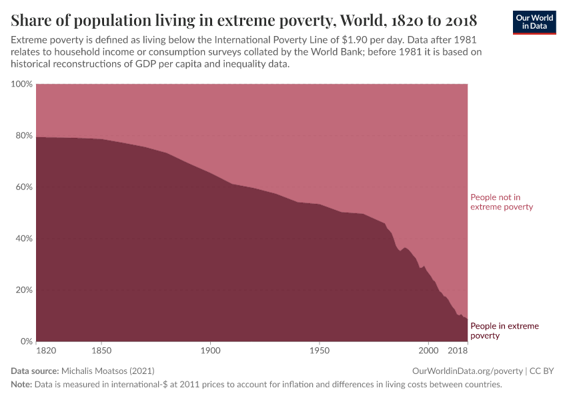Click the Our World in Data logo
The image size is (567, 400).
point(534,22)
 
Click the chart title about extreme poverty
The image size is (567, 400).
point(243,19)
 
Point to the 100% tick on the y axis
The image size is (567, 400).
point(21,84)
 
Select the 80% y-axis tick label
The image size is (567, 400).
point(23,135)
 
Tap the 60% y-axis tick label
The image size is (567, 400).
point(23,187)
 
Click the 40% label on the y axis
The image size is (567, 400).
point(23,239)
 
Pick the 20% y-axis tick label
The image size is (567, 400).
point(23,290)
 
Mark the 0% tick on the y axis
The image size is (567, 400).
point(25,341)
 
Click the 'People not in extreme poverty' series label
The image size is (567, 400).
point(502,202)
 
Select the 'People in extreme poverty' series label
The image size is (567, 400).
point(504,331)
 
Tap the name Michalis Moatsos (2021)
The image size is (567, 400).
point(111,371)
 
